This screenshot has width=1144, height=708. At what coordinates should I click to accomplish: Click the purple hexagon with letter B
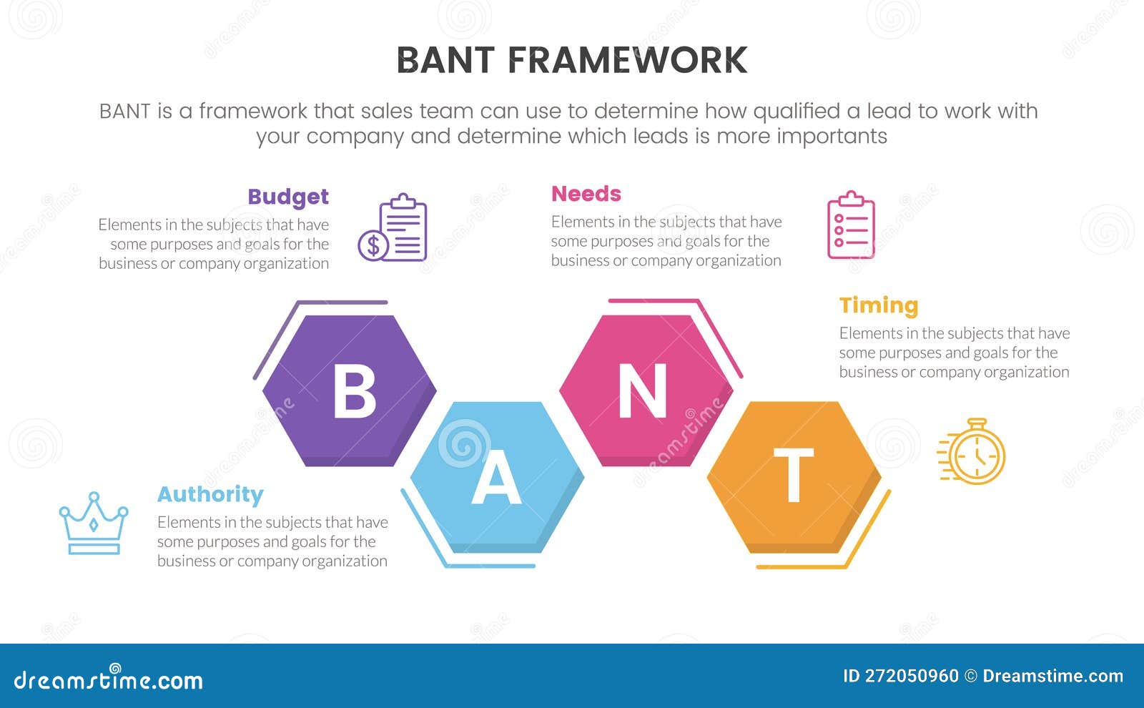click(349, 390)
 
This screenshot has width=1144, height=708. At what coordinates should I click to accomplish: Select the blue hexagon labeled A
click(497, 476)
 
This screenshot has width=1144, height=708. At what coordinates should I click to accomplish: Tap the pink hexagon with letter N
click(646, 390)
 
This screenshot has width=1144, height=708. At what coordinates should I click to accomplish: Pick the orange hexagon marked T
click(794, 476)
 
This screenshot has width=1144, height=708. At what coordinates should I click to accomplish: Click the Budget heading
click(288, 197)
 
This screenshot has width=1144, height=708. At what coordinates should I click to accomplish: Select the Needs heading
click(586, 194)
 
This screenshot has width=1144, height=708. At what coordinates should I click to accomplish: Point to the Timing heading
click(879, 305)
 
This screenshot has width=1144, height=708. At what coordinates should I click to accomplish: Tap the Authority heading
click(210, 494)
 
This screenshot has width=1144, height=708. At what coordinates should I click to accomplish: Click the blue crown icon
click(94, 523)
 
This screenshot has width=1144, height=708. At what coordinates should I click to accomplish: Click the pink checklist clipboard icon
click(851, 225)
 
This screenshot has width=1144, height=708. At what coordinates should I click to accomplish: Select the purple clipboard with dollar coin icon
click(393, 228)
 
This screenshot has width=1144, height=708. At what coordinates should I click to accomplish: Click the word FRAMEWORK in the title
click(627, 61)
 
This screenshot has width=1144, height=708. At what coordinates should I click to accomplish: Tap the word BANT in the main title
click(445, 61)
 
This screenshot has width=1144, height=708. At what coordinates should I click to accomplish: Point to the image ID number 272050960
click(912, 676)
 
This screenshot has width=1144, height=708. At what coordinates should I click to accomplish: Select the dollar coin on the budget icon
click(373, 246)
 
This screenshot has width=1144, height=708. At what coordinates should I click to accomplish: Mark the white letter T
click(794, 476)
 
